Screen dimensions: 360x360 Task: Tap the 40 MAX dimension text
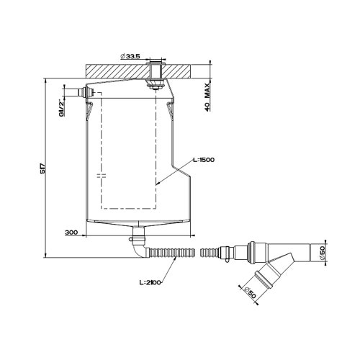(207, 94)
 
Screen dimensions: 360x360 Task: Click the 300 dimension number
(71, 233)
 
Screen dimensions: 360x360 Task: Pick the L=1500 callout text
(204, 159)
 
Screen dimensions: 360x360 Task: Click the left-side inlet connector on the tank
(78, 92)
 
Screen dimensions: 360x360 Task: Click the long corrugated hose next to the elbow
(171, 253)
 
